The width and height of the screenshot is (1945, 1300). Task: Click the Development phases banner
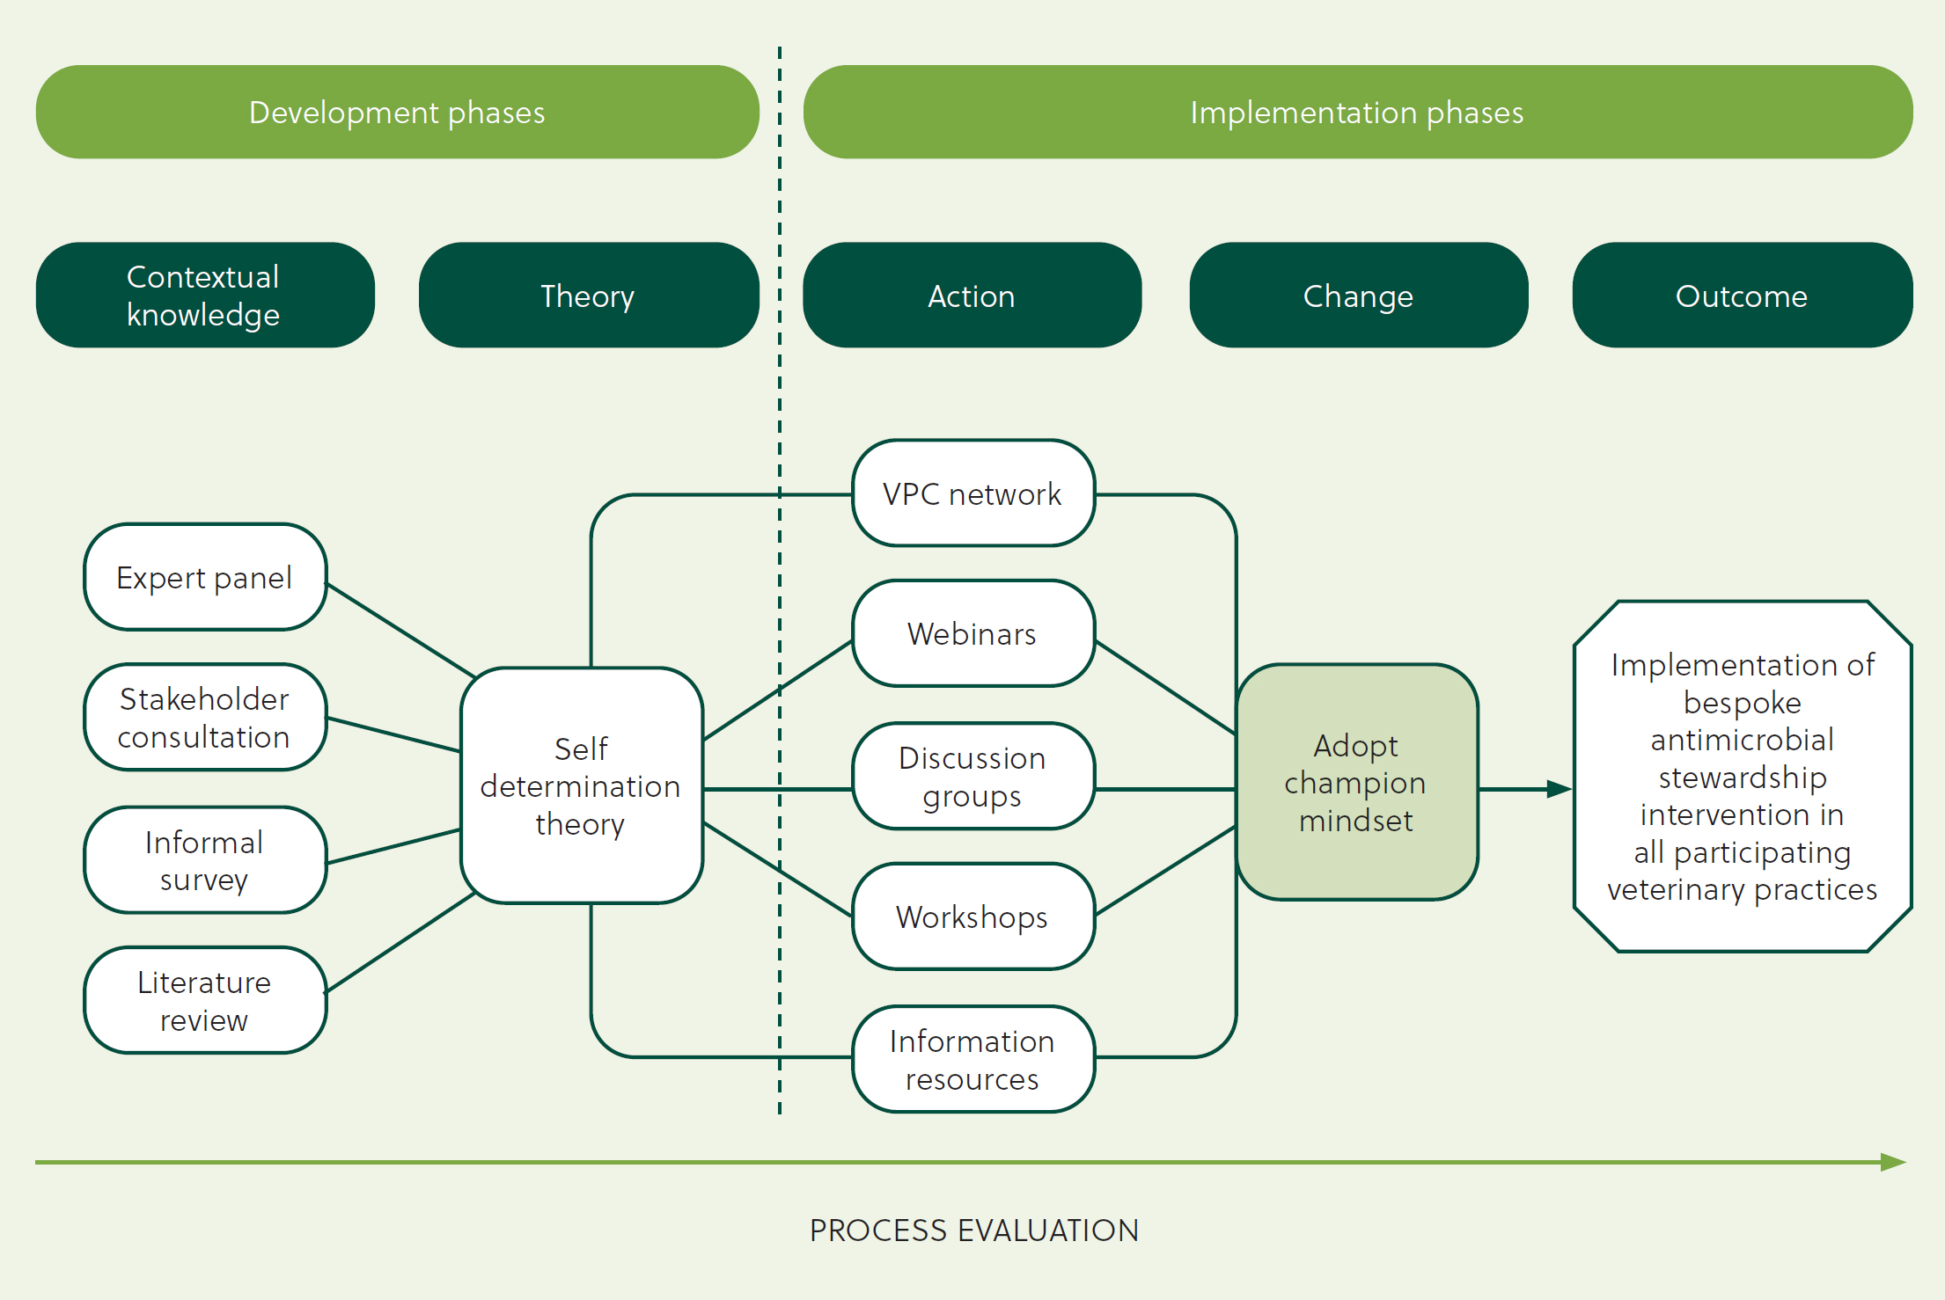click(x=397, y=112)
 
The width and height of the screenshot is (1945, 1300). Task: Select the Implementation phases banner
click(x=1357, y=112)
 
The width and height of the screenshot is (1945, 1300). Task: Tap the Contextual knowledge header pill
click(x=205, y=295)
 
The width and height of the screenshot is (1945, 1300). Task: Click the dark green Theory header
click(x=589, y=295)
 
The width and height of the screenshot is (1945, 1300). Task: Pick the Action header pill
click(x=972, y=295)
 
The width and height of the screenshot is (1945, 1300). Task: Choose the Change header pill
click(x=1358, y=295)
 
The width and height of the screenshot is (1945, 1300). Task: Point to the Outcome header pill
click(x=1743, y=295)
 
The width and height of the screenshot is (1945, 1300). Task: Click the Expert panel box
click(x=205, y=577)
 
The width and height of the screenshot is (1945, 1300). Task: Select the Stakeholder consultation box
click(x=205, y=717)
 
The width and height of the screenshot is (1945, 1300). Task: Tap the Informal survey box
click(x=205, y=860)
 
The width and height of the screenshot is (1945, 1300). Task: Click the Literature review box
click(x=205, y=1000)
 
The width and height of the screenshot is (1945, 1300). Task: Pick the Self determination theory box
click(x=582, y=785)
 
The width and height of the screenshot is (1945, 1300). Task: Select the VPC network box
click(x=973, y=493)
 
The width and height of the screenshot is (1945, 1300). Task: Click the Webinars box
click(x=973, y=633)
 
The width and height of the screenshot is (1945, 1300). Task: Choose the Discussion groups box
click(x=973, y=776)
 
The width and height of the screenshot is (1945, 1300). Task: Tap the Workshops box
click(x=973, y=917)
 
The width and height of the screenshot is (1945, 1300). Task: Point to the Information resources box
click(x=973, y=1059)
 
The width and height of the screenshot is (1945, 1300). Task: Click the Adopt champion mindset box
click(x=1357, y=782)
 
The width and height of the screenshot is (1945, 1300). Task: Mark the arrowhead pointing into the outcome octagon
click(x=1560, y=789)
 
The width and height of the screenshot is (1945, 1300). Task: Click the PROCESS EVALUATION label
click(x=974, y=1231)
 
